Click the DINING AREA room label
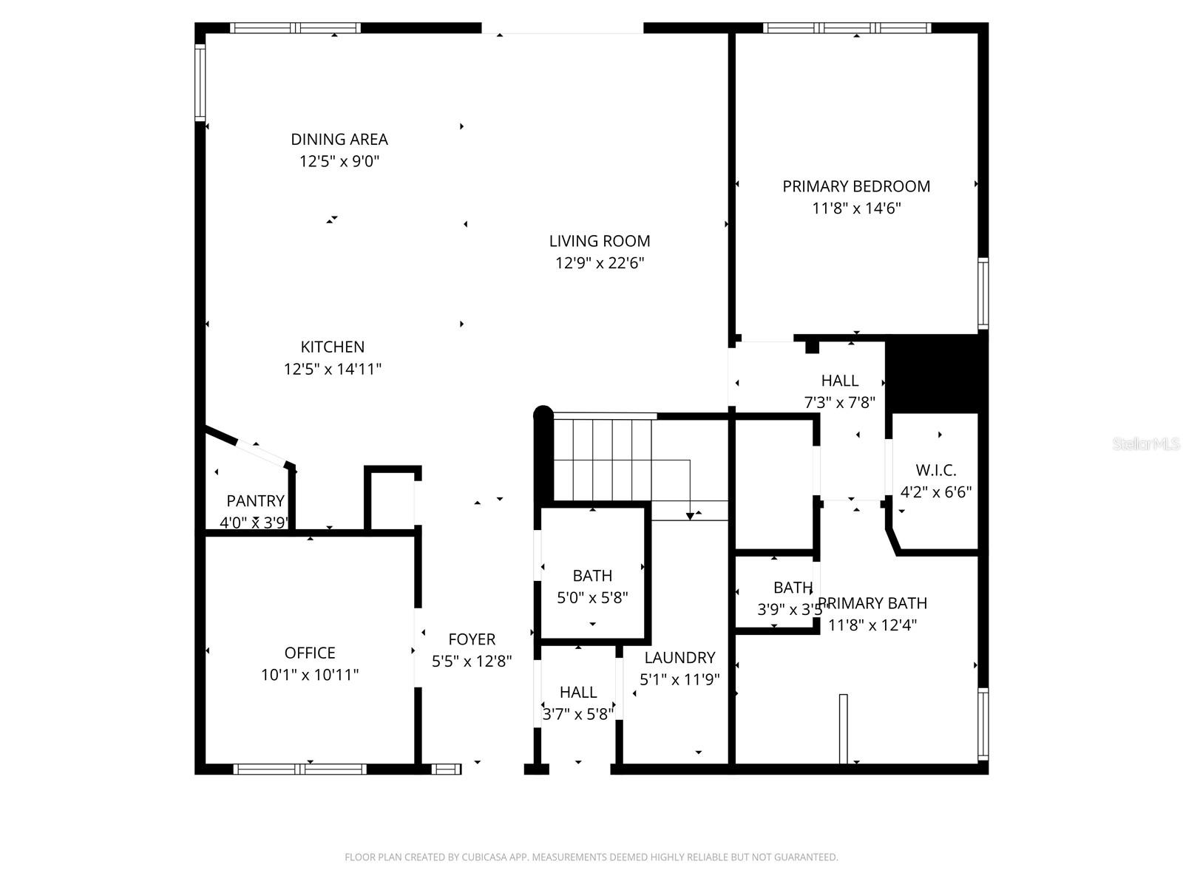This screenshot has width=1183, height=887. coord(339,139)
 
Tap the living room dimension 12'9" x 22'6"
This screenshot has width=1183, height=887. coord(600,263)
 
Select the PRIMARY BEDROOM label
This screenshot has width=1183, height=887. coord(856,186)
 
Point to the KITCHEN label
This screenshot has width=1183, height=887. coord(332,347)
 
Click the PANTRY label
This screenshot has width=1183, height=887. coord(255,501)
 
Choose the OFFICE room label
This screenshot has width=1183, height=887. coord(310,653)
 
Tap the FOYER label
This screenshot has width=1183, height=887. coord(472,639)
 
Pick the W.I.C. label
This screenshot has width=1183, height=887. coord(935,470)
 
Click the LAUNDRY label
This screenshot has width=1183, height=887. coord(679,658)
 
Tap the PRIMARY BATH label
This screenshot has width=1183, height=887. coord(873,603)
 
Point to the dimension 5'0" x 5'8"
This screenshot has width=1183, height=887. coord(592,597)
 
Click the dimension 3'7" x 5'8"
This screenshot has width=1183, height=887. coord(578,715)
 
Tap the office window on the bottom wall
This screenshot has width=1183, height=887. coord(300,769)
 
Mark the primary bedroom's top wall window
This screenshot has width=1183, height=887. coord(847,28)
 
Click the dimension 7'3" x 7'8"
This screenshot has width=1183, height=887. coord(839,403)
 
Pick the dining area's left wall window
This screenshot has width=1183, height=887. coord(200,83)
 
